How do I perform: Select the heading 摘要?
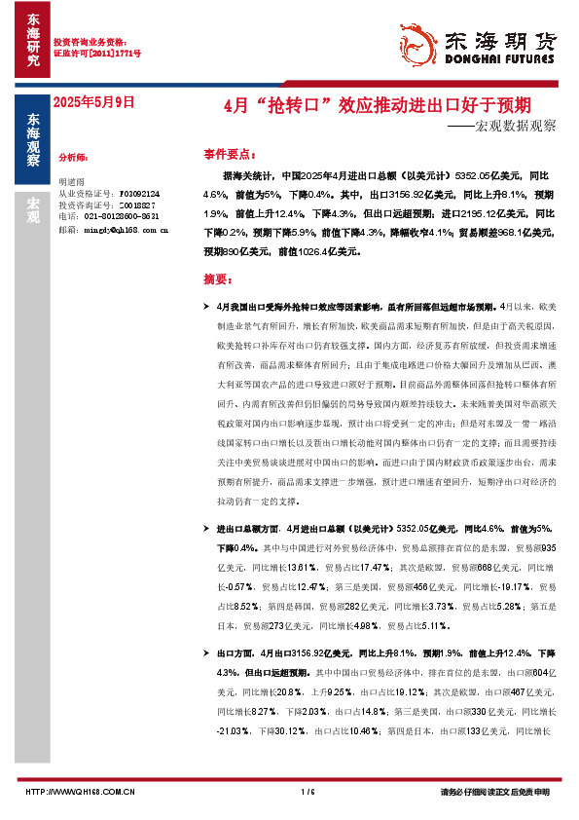point(220,279)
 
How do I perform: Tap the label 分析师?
point(74,156)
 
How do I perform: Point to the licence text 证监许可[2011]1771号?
point(96,54)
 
